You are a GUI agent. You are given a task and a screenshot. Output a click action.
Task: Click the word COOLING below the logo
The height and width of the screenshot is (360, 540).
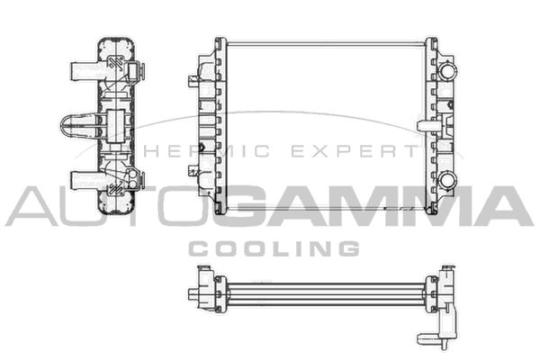[274, 248]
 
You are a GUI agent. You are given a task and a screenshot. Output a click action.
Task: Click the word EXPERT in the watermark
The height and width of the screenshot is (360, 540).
[355, 151]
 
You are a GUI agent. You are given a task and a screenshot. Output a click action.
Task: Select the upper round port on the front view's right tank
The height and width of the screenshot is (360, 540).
[447, 72]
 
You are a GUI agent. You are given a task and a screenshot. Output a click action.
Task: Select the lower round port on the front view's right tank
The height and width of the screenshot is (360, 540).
[447, 180]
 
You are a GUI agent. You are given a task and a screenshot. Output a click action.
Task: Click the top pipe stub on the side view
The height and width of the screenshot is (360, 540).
[85, 71]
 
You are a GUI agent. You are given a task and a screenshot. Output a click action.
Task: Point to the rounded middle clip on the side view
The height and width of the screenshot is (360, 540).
[78, 127]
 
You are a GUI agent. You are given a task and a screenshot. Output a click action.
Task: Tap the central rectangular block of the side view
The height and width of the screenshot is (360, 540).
[116, 126]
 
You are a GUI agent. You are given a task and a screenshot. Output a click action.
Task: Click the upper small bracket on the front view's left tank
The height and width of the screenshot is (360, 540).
[193, 81]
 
